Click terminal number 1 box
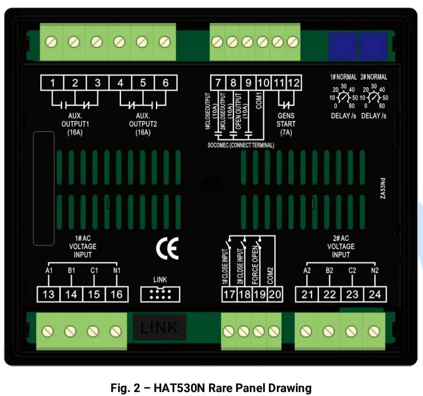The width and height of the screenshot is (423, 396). click(52, 83)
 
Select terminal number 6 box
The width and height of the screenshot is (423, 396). click(165, 83)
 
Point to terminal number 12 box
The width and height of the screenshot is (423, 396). click(294, 83)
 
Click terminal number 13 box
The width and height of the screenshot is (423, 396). click(48, 294)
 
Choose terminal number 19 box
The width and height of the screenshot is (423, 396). click(260, 294)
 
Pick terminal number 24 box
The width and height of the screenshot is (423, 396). click(375, 294)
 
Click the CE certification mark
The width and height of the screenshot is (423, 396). click(167, 249)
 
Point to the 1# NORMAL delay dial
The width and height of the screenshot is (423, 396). click(344, 98)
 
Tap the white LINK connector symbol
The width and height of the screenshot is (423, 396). click(159, 294)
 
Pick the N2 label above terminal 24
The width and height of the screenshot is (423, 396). click(375, 270)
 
